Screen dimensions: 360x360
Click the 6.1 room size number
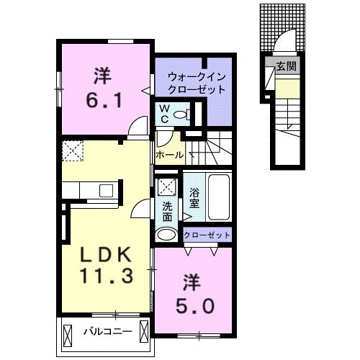(x=105, y=99)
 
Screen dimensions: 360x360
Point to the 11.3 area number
(x=104, y=277)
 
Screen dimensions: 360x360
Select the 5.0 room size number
(x=194, y=306)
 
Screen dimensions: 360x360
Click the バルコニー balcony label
(x=106, y=333)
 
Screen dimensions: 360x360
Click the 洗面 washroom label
(x=167, y=211)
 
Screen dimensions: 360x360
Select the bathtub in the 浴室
(x=217, y=198)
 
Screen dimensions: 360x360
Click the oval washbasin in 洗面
(x=167, y=234)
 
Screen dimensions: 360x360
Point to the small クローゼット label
(x=207, y=235)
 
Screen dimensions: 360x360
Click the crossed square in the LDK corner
(x=73, y=150)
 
